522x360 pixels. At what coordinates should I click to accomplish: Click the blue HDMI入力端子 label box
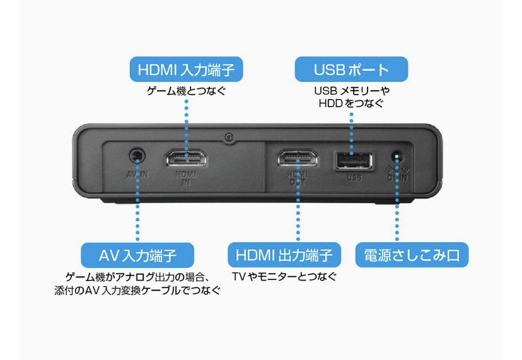pos(186,69)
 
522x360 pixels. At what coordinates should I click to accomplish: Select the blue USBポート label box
pos(352,69)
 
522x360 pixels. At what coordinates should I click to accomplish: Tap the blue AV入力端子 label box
pos(137,255)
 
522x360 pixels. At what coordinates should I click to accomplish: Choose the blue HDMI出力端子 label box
pos(284,255)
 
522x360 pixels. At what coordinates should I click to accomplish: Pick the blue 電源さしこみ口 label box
pos(412,255)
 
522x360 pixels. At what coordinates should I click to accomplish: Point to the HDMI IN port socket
pos(186,158)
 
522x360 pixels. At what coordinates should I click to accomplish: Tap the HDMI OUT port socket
pos(298,158)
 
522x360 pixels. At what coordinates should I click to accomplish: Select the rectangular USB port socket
pos(353,160)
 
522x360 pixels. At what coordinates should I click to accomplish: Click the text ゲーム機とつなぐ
pos(186,91)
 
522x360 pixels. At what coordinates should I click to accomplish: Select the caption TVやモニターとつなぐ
pos(284,277)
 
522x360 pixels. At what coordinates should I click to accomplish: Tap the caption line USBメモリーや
pos(352,91)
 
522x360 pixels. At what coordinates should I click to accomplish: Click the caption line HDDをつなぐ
pos(352,103)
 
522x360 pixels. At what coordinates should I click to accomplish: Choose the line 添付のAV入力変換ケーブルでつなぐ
pos(137,292)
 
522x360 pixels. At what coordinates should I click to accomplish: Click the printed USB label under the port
pos(354,177)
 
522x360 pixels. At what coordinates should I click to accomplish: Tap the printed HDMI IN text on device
pos(187,178)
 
